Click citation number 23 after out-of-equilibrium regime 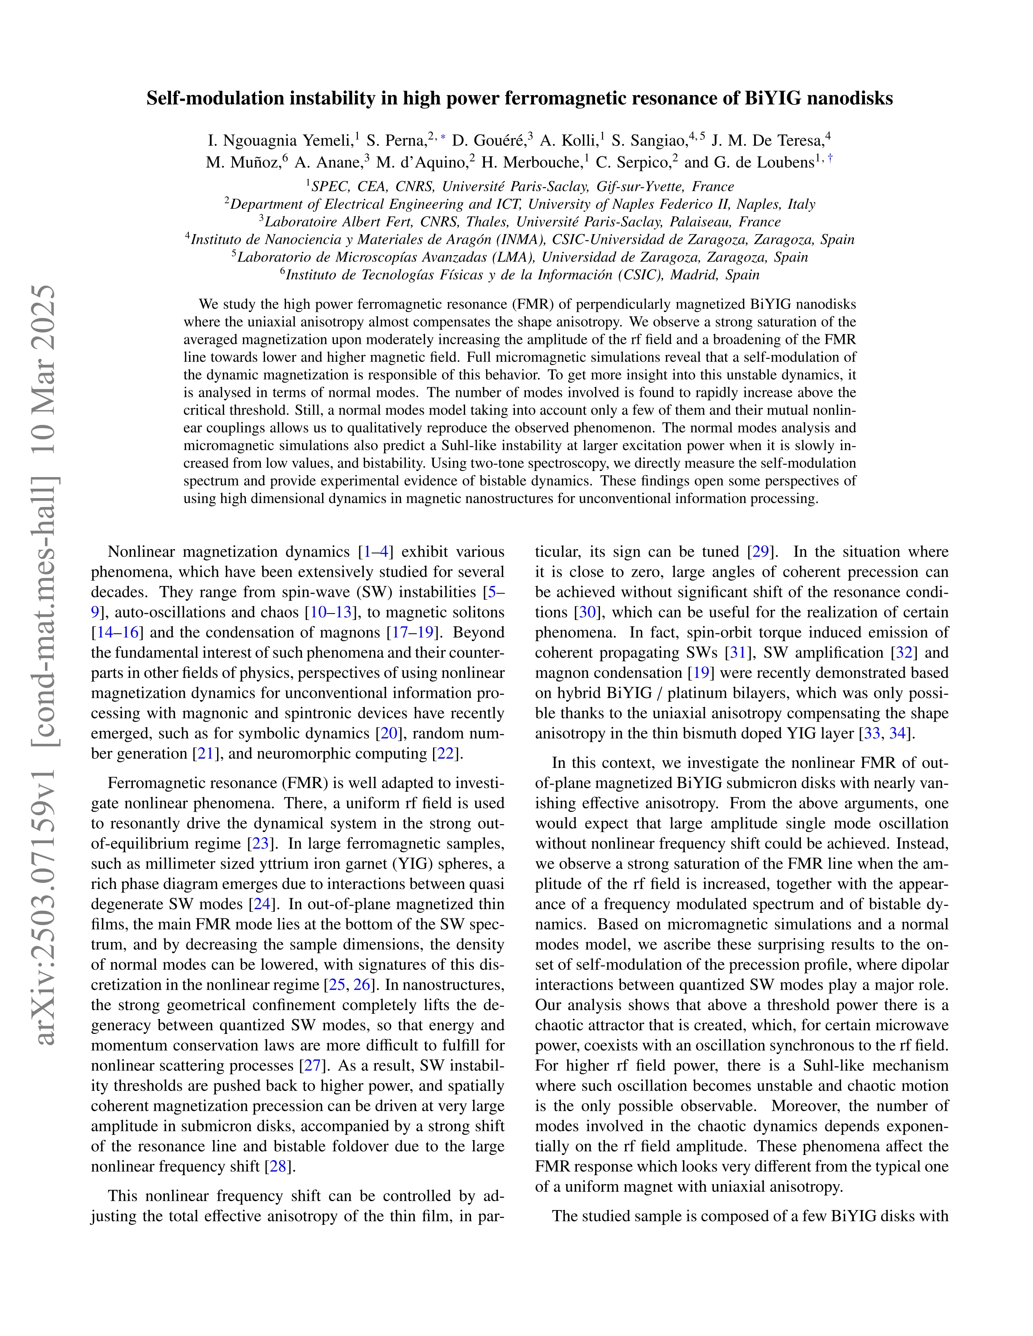261,844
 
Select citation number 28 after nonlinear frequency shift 278,1167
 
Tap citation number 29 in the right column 760,552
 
